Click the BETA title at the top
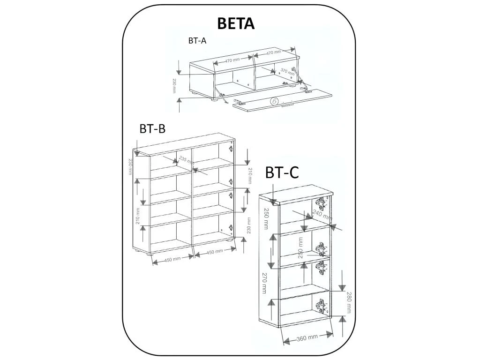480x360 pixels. pos(236,23)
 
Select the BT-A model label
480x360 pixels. pos(197,41)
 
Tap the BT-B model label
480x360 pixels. pos(152,128)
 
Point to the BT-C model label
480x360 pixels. pos(282,173)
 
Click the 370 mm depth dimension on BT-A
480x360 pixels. pos(287,72)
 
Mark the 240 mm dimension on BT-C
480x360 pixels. pos(322,216)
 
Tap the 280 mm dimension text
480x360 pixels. pos(349,303)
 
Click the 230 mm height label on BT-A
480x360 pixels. pos(174,86)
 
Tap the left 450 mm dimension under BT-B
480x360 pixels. pos(172,259)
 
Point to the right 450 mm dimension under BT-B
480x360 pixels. pos(215,252)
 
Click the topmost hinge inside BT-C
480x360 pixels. pos(321,203)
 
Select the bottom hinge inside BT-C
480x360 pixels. pos(321,306)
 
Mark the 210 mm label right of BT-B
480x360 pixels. pos(250,175)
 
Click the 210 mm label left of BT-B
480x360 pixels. pos(138,216)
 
